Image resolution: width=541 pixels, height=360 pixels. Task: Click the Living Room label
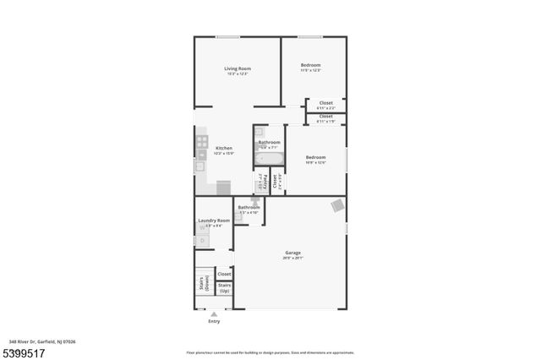(238, 68)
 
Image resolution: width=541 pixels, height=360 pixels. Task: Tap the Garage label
(293, 253)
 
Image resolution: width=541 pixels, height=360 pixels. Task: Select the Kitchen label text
(224, 148)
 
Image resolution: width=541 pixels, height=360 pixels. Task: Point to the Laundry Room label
(214, 221)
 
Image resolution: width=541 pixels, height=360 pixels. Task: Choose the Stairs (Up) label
(225, 288)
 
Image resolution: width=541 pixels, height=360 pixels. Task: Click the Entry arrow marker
(213, 314)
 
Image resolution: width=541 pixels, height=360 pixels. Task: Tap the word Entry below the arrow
(213, 322)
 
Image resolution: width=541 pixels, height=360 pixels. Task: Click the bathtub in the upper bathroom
(270, 158)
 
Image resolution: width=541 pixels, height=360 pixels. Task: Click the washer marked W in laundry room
(202, 229)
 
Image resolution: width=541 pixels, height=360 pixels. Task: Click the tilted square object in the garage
(337, 205)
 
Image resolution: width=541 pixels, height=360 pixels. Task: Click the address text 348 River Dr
(38, 341)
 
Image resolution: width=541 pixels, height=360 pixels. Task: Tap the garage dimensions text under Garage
(293, 258)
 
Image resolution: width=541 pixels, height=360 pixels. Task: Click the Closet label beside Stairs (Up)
(224, 274)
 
